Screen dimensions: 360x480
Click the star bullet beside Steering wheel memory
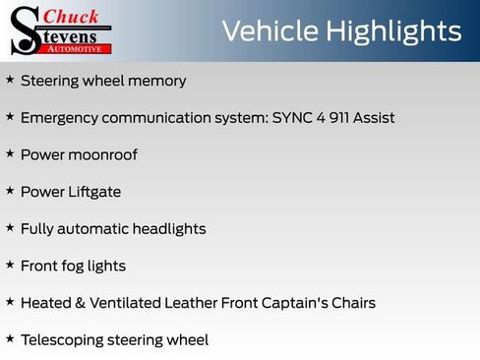(x=10, y=80)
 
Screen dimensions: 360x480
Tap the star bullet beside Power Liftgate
(x=10, y=191)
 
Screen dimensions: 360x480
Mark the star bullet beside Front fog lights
(x=10, y=265)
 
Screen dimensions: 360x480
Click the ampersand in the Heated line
(x=75, y=302)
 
